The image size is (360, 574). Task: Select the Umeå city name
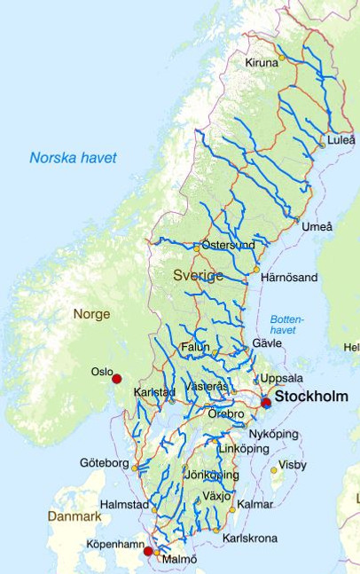(x=317, y=227)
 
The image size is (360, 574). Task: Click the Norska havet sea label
(x=73, y=158)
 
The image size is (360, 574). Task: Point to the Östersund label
(x=228, y=244)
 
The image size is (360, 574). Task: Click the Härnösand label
(x=288, y=278)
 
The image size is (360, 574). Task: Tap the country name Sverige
(x=198, y=276)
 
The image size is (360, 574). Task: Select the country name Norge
(x=91, y=314)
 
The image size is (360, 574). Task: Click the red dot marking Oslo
(x=116, y=379)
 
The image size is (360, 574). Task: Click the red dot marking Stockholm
(x=266, y=403)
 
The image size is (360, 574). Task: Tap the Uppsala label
(x=282, y=378)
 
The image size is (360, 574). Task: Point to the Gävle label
(x=267, y=342)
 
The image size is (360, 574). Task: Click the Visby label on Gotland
(x=293, y=465)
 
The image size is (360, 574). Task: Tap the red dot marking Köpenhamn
(x=148, y=552)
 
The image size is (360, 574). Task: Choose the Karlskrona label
(x=249, y=538)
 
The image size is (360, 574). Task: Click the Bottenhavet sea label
(x=286, y=324)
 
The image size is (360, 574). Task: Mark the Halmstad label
(x=125, y=504)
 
